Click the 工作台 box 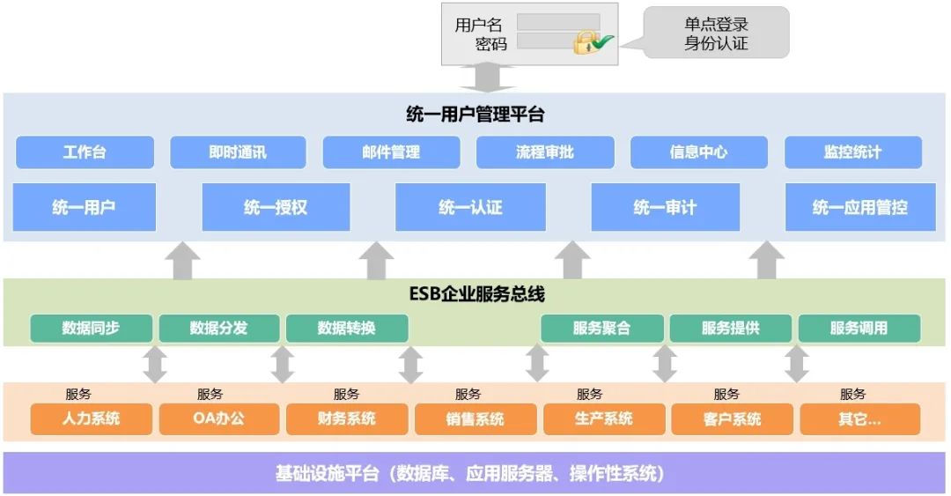85,152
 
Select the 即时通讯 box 238,152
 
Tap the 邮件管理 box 391,152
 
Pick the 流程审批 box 545,152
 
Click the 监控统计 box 852,152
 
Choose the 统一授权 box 276,208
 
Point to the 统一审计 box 665,208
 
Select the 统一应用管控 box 859,208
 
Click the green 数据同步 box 92,329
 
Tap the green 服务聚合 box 602,329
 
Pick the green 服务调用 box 859,329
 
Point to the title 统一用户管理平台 475,115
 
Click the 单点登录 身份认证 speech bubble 716,33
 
